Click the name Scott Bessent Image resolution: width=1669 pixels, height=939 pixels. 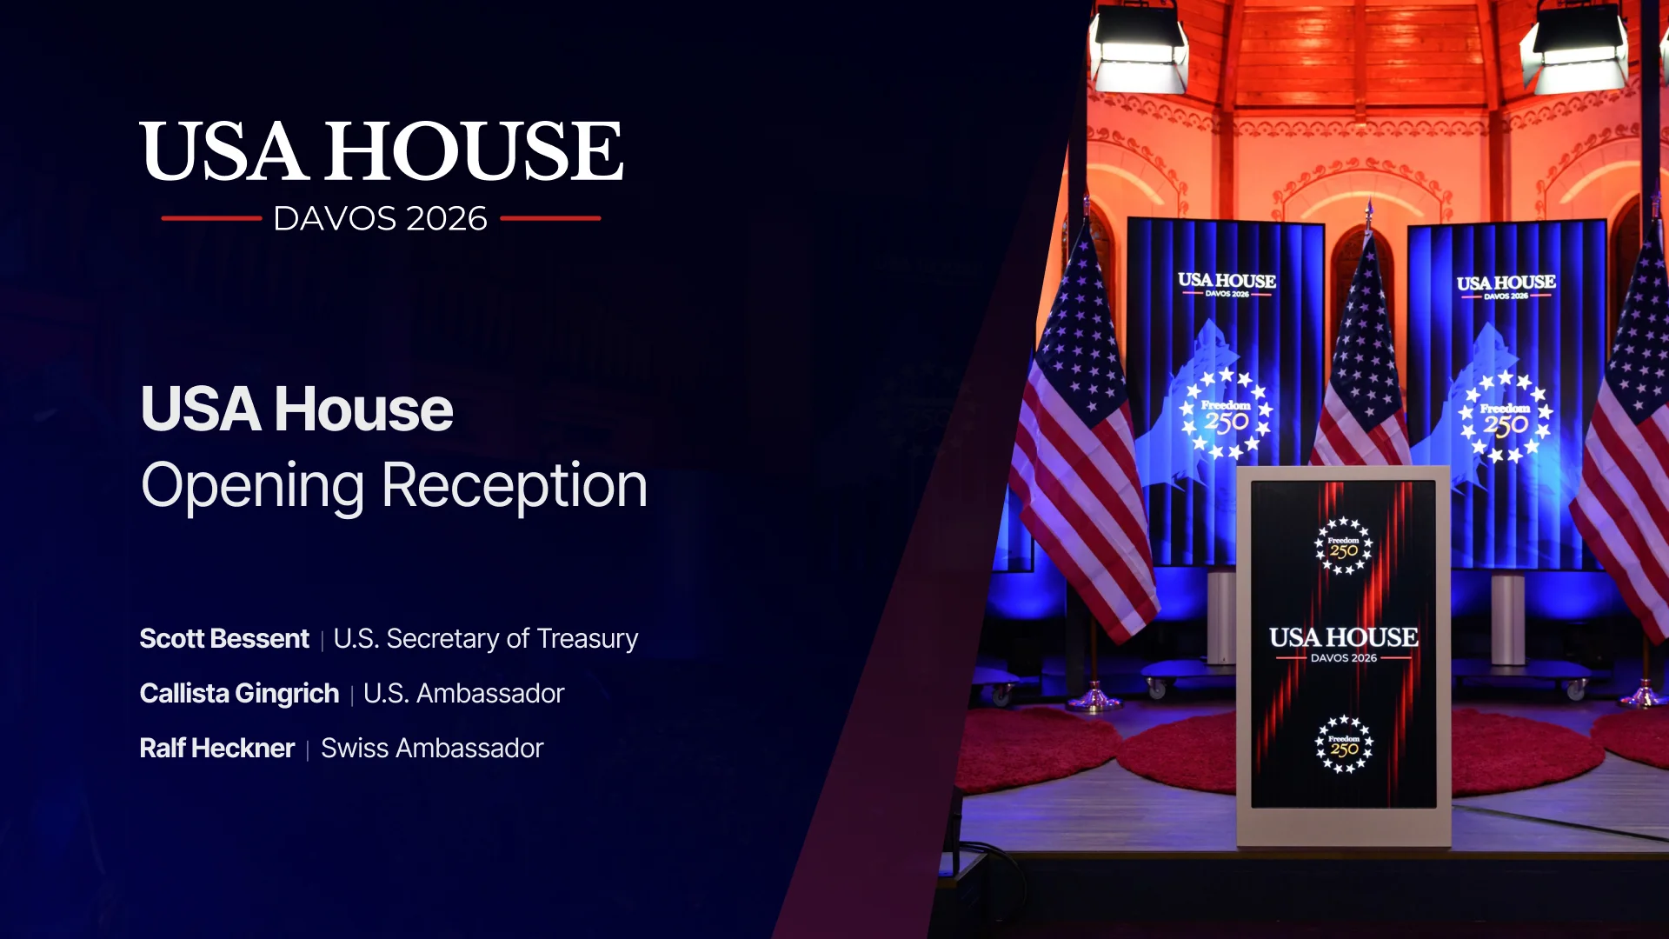coord(224,639)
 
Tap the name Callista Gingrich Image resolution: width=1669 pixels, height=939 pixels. coord(239,694)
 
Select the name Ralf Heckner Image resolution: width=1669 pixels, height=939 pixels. coord(217,749)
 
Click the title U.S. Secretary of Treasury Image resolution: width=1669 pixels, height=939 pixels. coord(486,639)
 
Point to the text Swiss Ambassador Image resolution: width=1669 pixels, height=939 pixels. coord(432,749)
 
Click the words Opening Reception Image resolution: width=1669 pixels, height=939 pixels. coord(394,485)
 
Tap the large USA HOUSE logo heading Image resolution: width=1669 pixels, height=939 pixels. coord(381,151)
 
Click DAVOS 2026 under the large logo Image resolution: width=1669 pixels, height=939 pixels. coord(381,219)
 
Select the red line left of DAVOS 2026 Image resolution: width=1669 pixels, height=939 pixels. coord(211,218)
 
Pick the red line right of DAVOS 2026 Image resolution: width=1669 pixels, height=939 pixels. coord(550,218)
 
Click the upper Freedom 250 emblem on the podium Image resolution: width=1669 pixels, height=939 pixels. coord(1343,546)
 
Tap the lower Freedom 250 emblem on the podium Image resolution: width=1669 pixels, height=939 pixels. coord(1344,744)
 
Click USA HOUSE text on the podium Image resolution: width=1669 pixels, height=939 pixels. coord(1343,637)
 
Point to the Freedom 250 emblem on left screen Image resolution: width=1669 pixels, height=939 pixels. coord(1226,414)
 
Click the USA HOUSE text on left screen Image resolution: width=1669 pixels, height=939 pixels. coord(1227,280)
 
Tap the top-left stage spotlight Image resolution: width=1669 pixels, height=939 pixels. coord(1139,48)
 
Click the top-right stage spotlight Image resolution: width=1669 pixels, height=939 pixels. coord(1575,48)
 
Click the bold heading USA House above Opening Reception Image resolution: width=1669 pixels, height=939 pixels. coord(296,410)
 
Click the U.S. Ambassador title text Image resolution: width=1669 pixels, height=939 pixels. coord(463,694)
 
